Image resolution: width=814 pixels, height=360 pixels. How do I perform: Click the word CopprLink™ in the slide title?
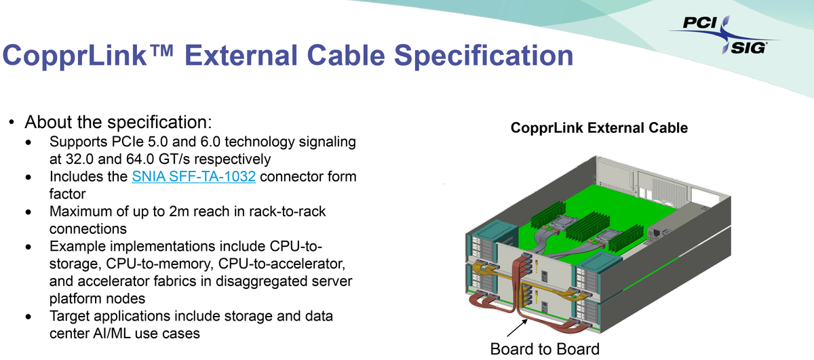[88, 55]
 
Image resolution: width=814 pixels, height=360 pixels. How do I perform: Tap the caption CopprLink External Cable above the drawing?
[599, 127]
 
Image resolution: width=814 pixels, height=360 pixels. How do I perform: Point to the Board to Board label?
[545, 349]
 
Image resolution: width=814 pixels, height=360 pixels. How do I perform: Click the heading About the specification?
[119, 123]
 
